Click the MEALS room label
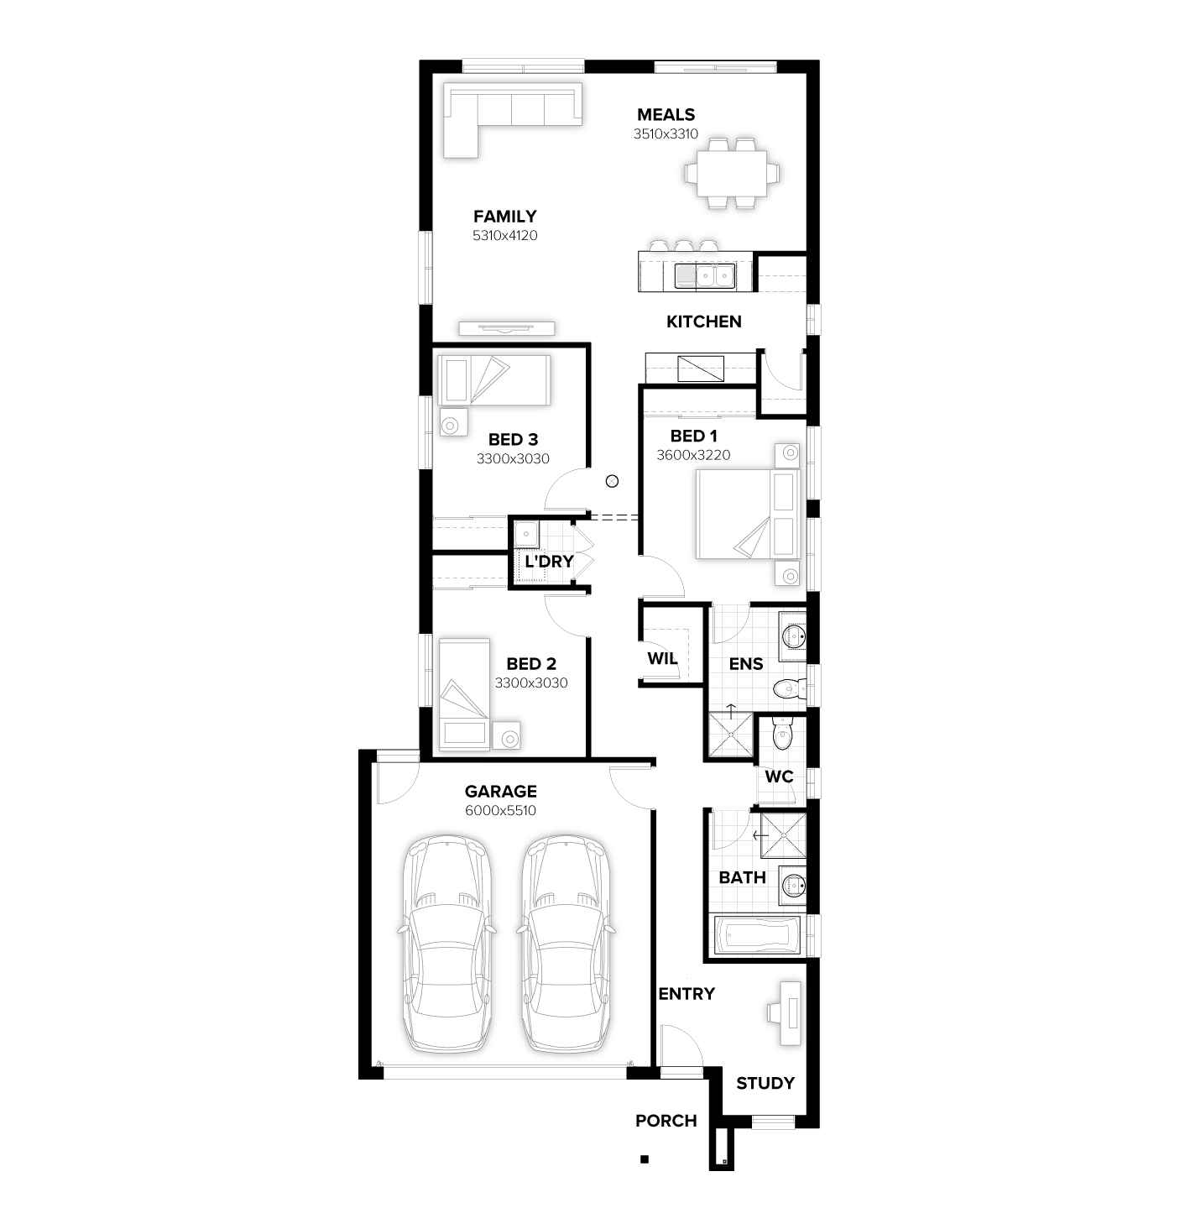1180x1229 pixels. (666, 115)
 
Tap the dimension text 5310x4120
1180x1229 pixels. (505, 236)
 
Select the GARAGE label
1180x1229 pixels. (500, 792)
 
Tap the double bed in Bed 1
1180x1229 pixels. (747, 514)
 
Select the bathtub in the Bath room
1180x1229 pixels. (756, 935)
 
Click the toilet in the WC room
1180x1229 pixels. (782, 736)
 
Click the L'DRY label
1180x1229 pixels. (549, 562)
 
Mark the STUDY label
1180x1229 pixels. (765, 1084)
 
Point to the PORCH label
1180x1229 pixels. (666, 1121)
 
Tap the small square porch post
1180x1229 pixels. (645, 1159)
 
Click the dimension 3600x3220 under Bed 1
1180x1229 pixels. (693, 455)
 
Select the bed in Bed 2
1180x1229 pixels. (464, 693)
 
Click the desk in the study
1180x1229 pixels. (790, 1014)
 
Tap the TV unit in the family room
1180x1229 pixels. (506, 328)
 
